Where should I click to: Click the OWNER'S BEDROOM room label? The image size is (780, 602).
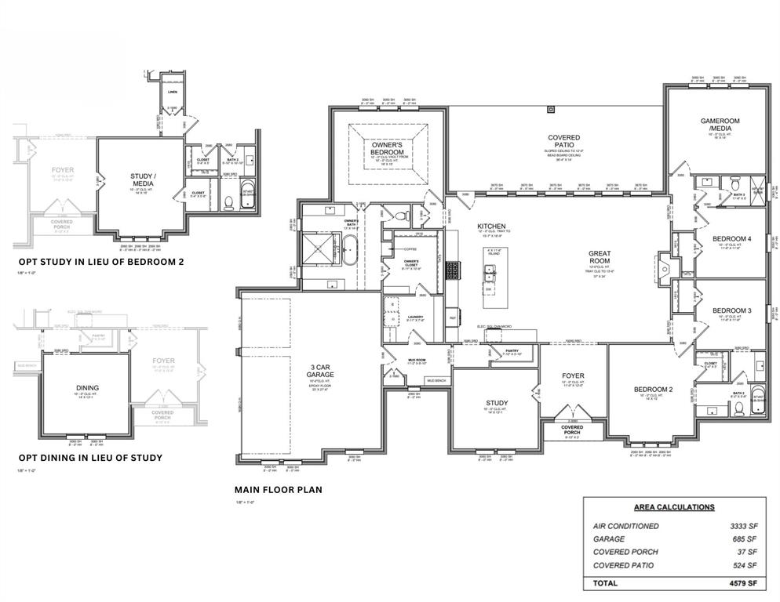click(x=387, y=149)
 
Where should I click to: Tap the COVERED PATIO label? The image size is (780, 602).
click(x=563, y=142)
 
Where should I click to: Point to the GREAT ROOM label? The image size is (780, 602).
click(x=605, y=259)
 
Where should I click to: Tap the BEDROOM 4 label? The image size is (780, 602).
click(x=731, y=239)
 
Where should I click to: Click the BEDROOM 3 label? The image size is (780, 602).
click(x=731, y=310)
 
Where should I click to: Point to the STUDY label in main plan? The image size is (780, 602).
click(x=497, y=403)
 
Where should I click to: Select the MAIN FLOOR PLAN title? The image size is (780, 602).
click(x=278, y=490)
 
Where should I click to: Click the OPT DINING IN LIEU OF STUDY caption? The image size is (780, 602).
click(x=90, y=458)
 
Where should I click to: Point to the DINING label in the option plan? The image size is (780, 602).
click(x=87, y=388)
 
